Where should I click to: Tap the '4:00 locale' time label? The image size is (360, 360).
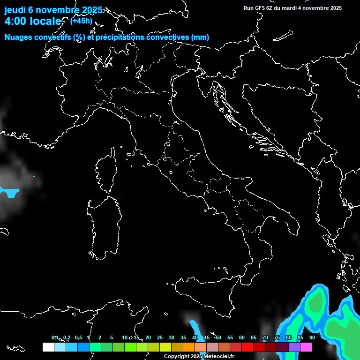click(x=33, y=21)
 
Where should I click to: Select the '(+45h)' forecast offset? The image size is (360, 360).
click(x=81, y=21)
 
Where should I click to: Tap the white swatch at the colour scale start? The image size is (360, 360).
click(x=48, y=347)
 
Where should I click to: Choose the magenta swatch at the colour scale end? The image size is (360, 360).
click(x=306, y=347)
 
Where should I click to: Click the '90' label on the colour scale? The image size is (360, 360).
click(x=312, y=337)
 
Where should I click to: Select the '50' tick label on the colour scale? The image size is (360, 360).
click(x=218, y=337)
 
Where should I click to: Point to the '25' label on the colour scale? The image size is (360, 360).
click(x=160, y=337)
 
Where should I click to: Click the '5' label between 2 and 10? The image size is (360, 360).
click(x=112, y=337)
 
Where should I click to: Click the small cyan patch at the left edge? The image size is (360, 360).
click(x=9, y=192)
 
